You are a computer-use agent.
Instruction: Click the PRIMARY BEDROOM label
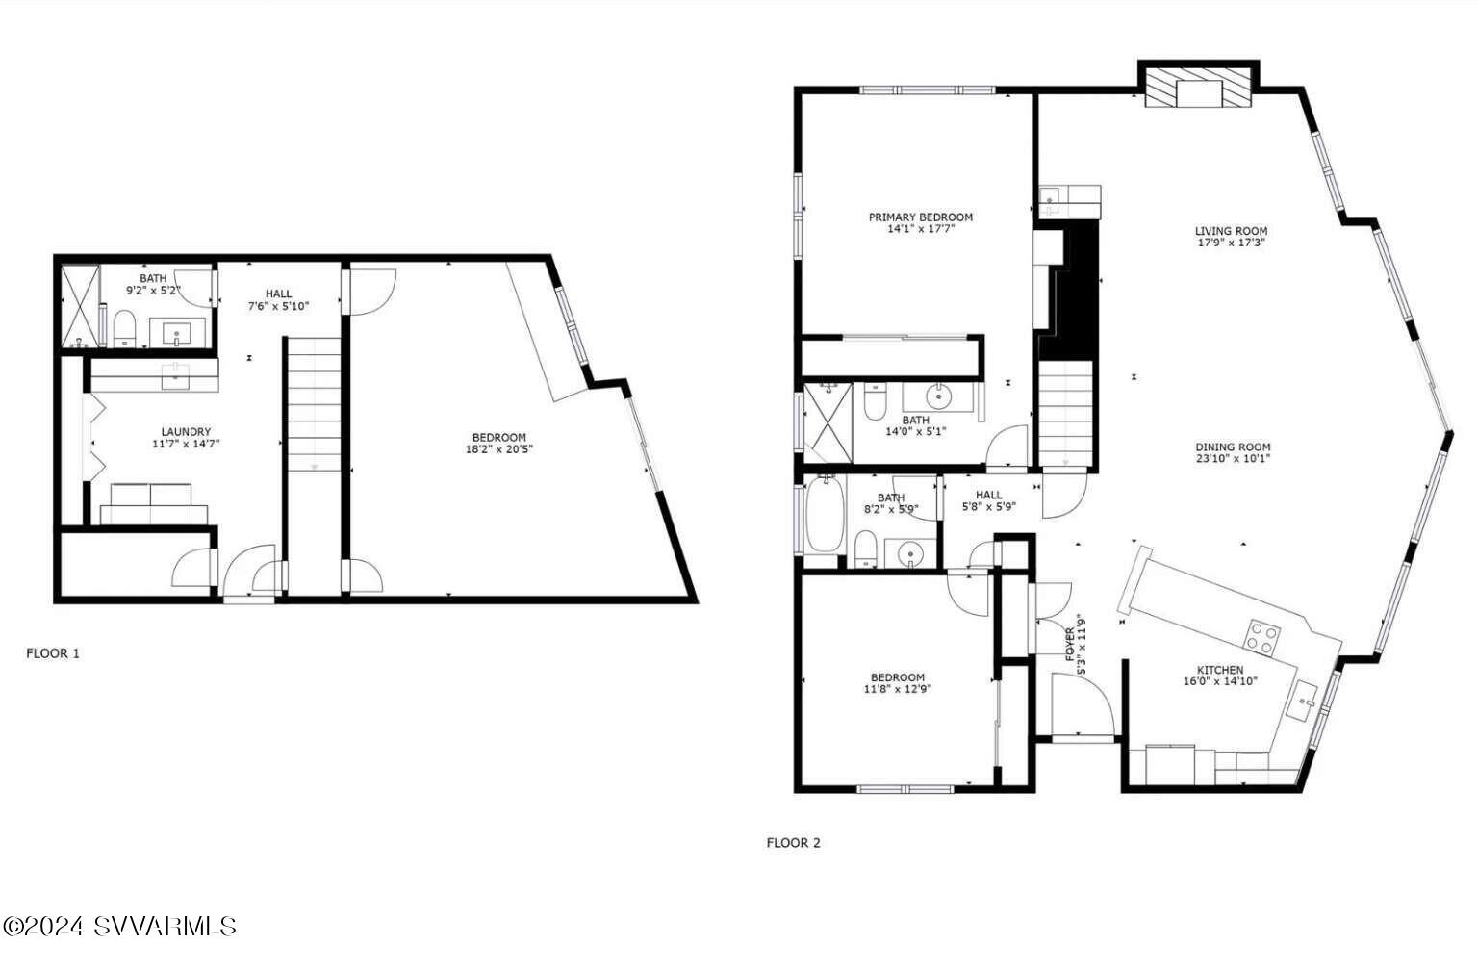920,217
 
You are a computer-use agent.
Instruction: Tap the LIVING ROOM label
1231,231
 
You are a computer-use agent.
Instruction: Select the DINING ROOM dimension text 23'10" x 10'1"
1233,459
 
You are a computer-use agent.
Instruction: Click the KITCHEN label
1219,670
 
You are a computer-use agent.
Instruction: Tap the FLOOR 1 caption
53,653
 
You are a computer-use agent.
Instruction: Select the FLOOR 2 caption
793,843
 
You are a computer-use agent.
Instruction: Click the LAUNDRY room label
186,432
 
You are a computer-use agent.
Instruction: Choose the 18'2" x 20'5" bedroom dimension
498,449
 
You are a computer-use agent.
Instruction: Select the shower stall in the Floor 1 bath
80,306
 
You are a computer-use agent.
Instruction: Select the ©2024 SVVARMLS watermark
120,927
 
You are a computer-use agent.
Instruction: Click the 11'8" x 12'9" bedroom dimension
897,689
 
